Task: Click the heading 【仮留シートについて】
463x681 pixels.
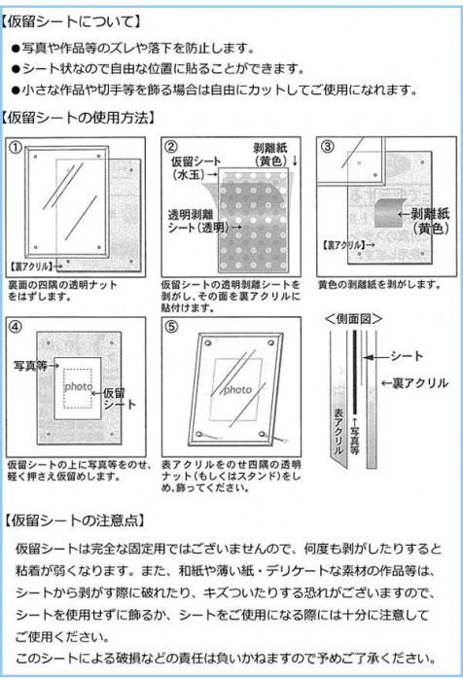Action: tap(71, 21)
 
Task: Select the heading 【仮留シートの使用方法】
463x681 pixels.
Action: tap(78, 118)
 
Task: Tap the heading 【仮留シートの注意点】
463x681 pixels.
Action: tap(75, 520)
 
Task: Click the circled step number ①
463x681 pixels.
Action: tap(16, 148)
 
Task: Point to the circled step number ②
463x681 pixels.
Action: tap(171, 147)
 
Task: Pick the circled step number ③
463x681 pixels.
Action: tap(327, 146)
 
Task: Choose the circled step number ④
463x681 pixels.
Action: tap(16, 327)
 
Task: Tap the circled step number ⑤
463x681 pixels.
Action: tap(171, 326)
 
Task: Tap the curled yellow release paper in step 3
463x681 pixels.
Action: tap(390, 212)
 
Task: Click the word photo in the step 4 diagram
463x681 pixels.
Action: tap(78, 386)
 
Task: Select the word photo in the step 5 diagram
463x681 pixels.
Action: tap(237, 389)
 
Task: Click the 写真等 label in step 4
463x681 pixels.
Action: tap(30, 366)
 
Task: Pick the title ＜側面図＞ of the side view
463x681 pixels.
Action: tap(353, 319)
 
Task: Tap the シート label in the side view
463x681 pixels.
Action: tap(407, 357)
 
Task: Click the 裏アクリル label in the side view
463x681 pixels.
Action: tap(420, 383)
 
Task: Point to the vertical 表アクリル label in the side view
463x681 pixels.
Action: tap(338, 431)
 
